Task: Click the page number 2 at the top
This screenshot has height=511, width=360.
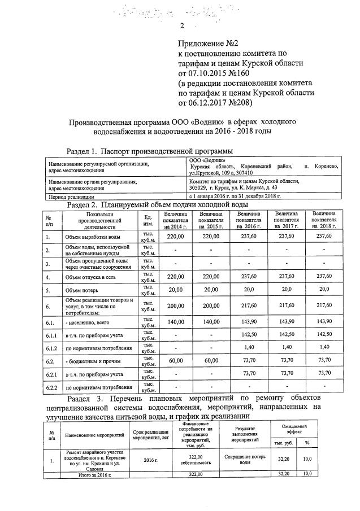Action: tap(182, 25)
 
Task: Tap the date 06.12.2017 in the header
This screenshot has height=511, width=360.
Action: tap(204, 103)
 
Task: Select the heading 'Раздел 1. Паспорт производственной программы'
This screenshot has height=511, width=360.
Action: tap(149, 151)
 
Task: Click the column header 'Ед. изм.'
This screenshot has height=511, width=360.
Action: tap(148, 220)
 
